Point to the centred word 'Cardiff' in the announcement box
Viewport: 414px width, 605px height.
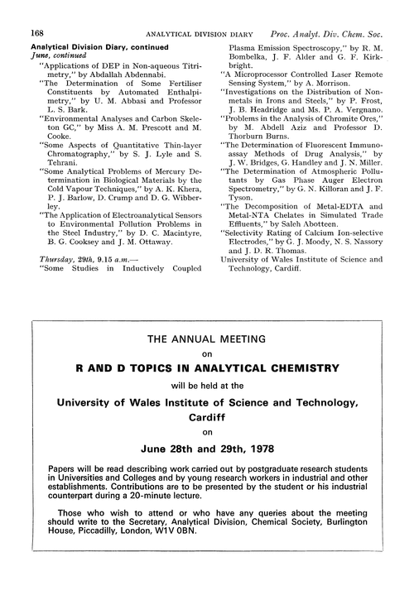click(x=208, y=418)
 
